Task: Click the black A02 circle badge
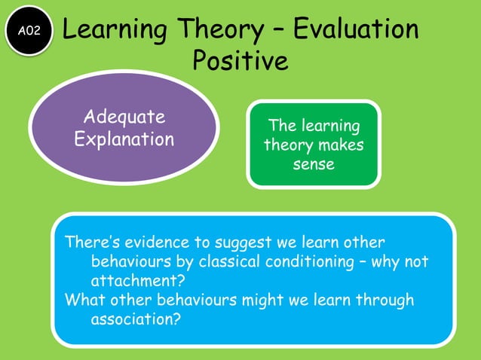click(x=29, y=30)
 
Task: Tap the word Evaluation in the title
click(x=356, y=29)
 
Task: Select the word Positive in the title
click(x=240, y=60)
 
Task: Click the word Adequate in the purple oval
click(x=124, y=117)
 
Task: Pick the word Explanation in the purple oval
click(x=124, y=140)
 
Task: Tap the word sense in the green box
click(x=314, y=163)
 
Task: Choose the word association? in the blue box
click(x=136, y=319)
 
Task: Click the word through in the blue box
click(x=383, y=300)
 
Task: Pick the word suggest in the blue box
click(x=241, y=243)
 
